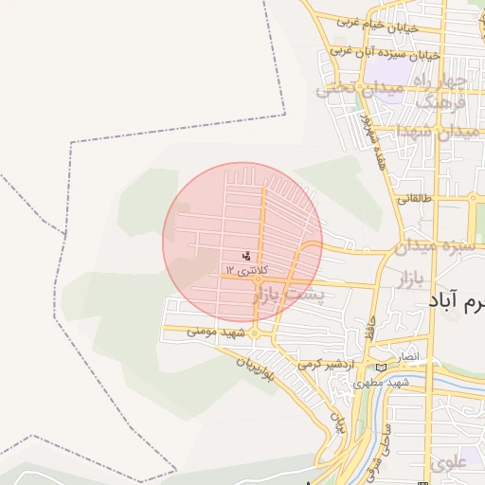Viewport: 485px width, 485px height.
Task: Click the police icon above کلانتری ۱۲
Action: tap(247, 256)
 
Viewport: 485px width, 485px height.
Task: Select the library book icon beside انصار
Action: tap(381, 368)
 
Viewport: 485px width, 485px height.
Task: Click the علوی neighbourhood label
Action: tap(448, 464)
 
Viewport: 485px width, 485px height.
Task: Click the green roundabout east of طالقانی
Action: tap(472, 199)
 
